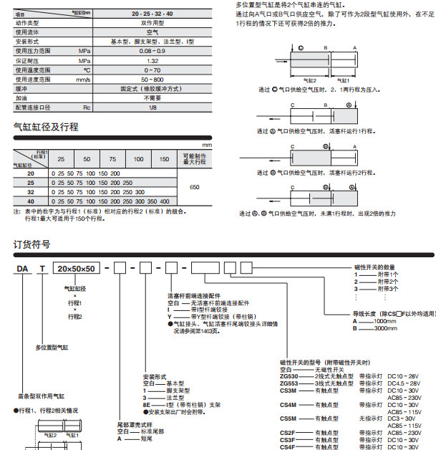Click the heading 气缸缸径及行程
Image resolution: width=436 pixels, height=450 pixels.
tap(46, 127)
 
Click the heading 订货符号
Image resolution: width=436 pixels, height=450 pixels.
tap(32, 244)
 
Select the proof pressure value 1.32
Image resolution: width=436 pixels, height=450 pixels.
tap(152, 62)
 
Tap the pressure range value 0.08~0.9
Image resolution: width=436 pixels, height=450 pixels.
tap(152, 52)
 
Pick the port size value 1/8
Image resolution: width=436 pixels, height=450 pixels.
tap(152, 107)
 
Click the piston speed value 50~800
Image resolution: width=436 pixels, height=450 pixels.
tap(152, 80)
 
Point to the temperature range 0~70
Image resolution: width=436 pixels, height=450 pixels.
tap(152, 70)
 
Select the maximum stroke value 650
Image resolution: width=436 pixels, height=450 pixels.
tap(194, 187)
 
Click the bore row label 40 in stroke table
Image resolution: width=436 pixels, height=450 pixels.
tap(30, 201)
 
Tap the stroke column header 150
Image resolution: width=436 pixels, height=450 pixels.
tap(165, 159)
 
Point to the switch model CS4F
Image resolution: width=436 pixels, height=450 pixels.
tap(288, 446)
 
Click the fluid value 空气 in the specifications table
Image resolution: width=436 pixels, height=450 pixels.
tap(152, 32)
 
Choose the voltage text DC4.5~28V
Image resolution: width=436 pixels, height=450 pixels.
tap(403, 383)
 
